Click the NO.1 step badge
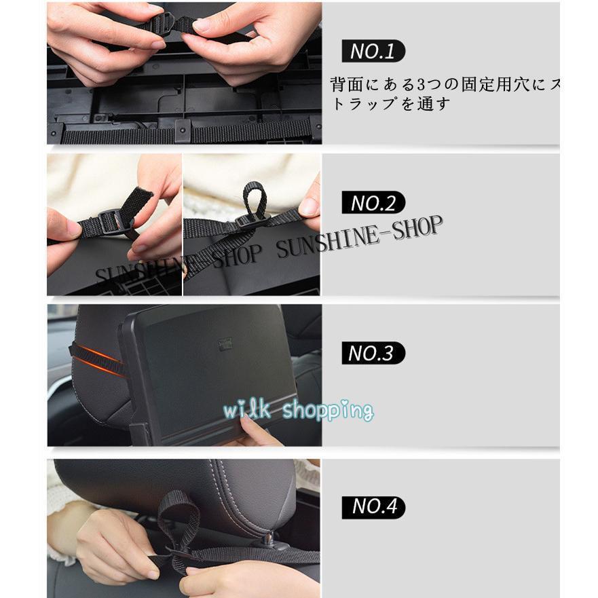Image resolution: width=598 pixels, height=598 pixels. (x=373, y=51)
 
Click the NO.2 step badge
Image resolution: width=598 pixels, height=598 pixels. (x=373, y=202)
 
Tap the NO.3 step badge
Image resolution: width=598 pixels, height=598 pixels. (x=373, y=353)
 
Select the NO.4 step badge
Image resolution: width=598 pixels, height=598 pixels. (x=373, y=506)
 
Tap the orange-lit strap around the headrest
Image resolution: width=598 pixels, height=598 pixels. (x=95, y=360)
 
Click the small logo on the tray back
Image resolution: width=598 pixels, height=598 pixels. (x=225, y=345)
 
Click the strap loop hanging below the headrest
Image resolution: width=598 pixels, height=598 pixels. (x=178, y=523)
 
